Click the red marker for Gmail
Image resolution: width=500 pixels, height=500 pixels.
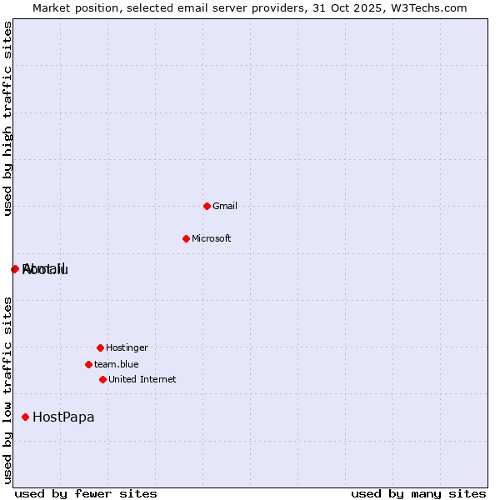point(207,206)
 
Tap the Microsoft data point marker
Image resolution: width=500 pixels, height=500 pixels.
point(186,238)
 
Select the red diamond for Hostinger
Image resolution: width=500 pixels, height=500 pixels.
point(100,347)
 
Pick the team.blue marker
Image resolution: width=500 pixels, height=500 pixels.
point(88,364)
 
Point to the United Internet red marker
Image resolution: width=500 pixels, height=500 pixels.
point(102,379)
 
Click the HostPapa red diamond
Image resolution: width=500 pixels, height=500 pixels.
point(26,417)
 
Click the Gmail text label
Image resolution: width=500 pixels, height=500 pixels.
point(225,206)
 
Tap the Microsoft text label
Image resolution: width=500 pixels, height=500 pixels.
point(212,238)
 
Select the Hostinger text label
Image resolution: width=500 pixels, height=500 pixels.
point(127,347)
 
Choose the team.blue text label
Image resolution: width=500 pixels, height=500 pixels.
point(117,364)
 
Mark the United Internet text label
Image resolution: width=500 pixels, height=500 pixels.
point(142,379)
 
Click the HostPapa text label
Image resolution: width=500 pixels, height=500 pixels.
point(63,417)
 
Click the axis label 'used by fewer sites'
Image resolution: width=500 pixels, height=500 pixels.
point(86,493)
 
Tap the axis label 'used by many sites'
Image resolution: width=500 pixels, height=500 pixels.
point(418,493)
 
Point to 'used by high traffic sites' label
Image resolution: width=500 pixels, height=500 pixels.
point(8,119)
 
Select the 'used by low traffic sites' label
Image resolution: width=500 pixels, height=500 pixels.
point(8,390)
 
